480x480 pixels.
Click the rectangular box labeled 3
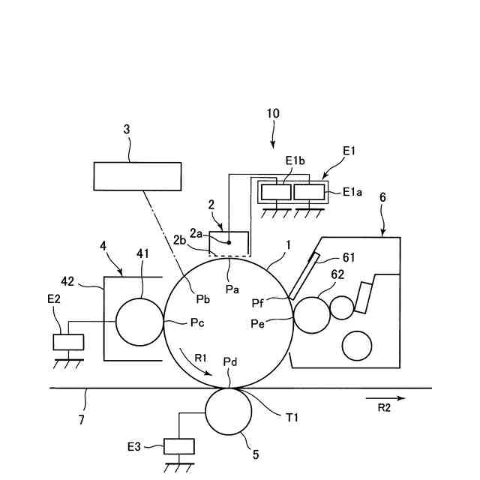136,176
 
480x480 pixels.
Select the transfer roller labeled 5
228,412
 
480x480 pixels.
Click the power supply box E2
68,342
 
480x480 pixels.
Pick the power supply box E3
178,446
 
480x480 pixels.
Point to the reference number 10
272,114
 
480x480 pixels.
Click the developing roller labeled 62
310,314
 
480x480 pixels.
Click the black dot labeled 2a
229,242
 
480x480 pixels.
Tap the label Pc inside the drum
197,325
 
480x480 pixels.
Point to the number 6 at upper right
382,196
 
